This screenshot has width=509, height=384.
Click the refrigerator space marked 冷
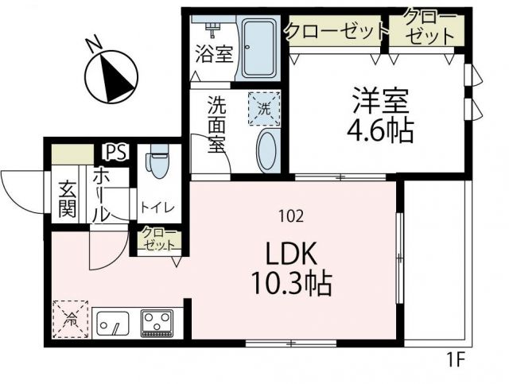click(72, 320)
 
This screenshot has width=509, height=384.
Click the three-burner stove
click(157, 322)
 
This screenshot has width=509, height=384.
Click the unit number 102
click(289, 214)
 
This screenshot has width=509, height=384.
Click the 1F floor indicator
click(454, 360)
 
